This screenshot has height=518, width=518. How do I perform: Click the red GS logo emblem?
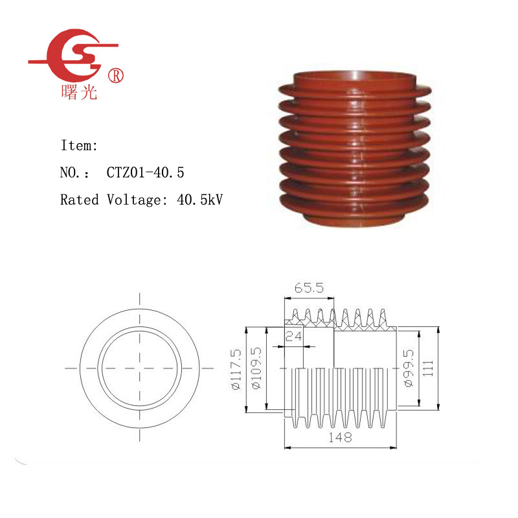tap(73, 55)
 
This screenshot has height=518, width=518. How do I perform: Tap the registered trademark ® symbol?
tap(116, 76)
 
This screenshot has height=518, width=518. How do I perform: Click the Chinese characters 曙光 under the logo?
tap(79, 92)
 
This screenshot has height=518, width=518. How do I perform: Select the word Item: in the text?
tap(79, 145)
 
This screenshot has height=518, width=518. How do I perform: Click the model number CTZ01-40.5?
tap(145, 172)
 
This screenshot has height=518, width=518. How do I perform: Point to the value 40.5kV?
tap(200, 199)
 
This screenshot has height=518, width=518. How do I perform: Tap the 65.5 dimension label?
tap(310, 288)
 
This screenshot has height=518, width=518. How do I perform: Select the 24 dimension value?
tap(294, 336)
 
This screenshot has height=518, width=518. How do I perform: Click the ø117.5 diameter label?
tap(236, 369)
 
